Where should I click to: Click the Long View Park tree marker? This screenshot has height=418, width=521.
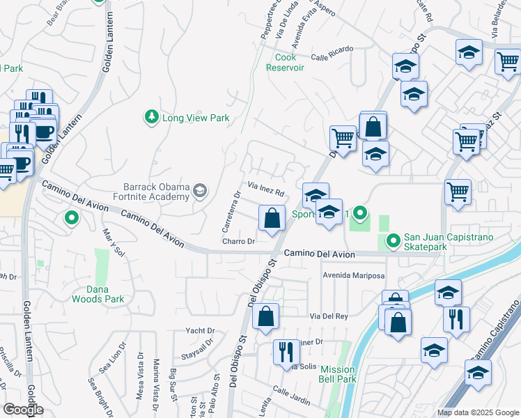pos(150,118)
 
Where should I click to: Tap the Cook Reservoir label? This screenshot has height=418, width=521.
pos(286,63)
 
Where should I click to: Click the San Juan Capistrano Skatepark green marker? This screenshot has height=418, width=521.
pos(394,242)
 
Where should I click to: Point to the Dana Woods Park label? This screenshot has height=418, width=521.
pos(98,294)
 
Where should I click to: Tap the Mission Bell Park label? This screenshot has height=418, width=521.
pos(338,375)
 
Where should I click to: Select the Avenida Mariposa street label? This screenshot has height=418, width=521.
pos(353,276)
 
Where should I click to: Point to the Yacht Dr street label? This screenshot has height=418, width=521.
pos(200,330)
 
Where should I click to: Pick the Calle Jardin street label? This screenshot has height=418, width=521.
pos(291,394)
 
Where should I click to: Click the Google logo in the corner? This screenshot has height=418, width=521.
pos(22,410)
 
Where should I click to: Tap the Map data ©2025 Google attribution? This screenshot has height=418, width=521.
pos(478,412)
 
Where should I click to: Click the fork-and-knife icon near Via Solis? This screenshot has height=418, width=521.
pos(286,352)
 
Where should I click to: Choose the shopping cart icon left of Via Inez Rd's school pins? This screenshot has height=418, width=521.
pos(343,138)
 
